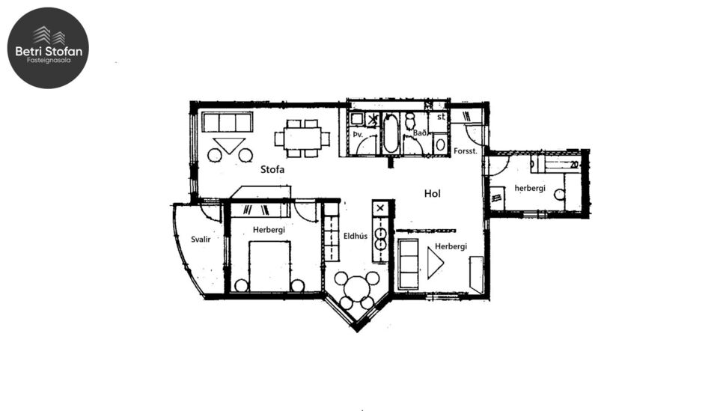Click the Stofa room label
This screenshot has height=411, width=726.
pos(272,170)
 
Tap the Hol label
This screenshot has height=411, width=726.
pos(432,193)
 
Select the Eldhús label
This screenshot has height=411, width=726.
pos(355,236)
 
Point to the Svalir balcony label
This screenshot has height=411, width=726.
pos(199,239)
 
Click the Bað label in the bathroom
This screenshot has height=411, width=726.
pos(419,133)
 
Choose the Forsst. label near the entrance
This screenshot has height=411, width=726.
pos(466,151)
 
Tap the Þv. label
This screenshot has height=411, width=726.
pos(358,135)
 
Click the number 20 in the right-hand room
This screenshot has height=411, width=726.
pos(574,164)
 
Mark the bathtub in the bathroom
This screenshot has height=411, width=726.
pos(391,133)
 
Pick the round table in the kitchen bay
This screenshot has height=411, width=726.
pos(356,289)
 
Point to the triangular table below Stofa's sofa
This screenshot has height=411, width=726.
pos(229,145)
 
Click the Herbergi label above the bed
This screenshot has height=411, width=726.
pos(269,230)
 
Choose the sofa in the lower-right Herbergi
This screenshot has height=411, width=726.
pos(409,264)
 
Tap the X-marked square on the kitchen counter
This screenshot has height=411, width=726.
pos(381,208)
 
